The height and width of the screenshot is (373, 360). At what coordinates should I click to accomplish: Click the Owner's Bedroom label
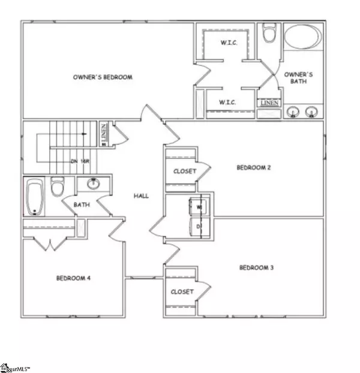coord(103,77)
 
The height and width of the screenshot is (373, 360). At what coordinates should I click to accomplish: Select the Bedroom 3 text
coord(256,267)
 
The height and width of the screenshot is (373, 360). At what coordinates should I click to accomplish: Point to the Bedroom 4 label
coord(73,278)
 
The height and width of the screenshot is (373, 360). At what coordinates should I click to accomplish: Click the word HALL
coord(142,195)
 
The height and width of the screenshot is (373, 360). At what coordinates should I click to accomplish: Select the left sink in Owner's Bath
coord(293,112)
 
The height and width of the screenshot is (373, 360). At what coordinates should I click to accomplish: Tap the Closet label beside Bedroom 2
coord(184,172)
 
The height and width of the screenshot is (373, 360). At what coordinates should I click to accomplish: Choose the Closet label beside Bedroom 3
coord(182,291)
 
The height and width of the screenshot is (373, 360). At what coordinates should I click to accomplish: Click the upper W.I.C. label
coord(227,42)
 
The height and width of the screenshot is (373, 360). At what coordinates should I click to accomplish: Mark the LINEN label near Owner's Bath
coord(268,104)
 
